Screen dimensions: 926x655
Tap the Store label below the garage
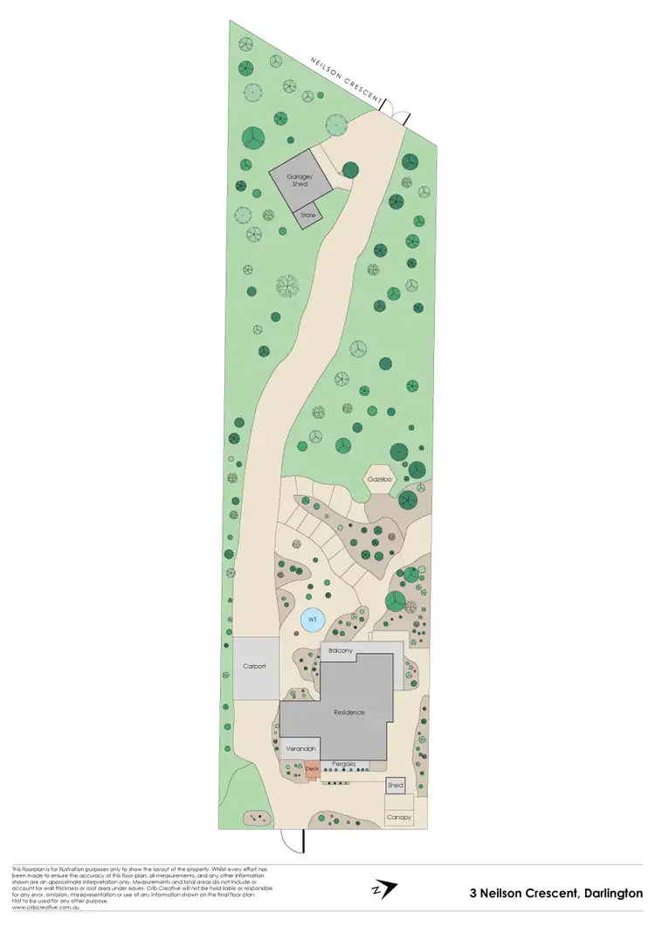307,214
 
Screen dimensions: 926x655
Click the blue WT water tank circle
312,621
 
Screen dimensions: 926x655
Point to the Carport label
254,667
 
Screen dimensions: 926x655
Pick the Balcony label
341,651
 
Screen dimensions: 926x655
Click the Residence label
348,712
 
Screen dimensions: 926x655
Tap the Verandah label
298,748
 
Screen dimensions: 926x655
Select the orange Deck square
312,769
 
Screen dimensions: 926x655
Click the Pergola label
343,765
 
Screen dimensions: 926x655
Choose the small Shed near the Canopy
396,785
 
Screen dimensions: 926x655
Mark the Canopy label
398,817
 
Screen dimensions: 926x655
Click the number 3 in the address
472,893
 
